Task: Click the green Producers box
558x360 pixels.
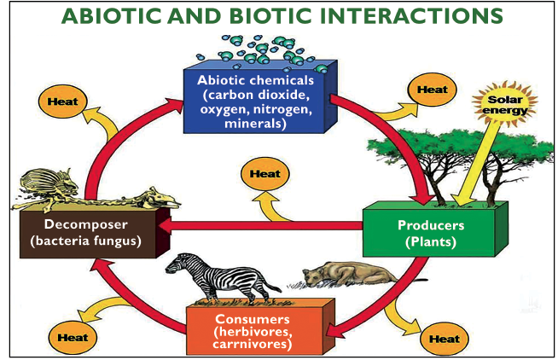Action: [x=431, y=232]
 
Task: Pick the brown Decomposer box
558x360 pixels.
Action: [x=86, y=233]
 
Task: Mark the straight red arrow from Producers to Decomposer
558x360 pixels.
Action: [x=264, y=226]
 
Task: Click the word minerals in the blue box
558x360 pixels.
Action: [x=257, y=121]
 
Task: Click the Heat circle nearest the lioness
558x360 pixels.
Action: [x=444, y=339]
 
